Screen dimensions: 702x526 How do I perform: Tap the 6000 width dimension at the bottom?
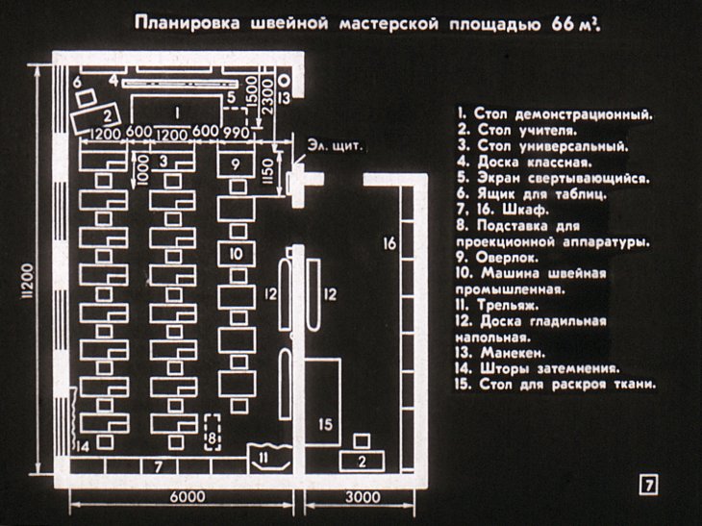pyautogui.click(x=188, y=497)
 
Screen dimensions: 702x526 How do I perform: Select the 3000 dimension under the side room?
pyautogui.click(x=363, y=497)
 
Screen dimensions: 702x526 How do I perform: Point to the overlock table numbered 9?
pyautogui.click(x=236, y=164)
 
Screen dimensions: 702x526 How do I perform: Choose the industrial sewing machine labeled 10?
pyautogui.click(x=236, y=254)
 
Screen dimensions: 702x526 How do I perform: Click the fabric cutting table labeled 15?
pyautogui.click(x=323, y=401)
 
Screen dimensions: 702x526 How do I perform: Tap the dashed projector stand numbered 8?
pyautogui.click(x=213, y=432)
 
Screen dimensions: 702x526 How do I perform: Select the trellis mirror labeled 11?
pyautogui.click(x=269, y=457)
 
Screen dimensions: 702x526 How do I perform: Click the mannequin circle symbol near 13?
pyautogui.click(x=284, y=81)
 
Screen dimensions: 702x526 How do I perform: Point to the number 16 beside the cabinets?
pyautogui.click(x=389, y=243)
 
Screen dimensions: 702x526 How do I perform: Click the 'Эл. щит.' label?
pyautogui.click(x=335, y=146)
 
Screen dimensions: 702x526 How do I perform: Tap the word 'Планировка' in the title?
pyautogui.click(x=188, y=23)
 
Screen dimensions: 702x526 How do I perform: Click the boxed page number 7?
pyautogui.click(x=650, y=486)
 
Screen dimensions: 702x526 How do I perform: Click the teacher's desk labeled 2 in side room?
pyautogui.click(x=362, y=462)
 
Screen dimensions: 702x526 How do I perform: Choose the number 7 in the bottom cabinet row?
pyautogui.click(x=158, y=467)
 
